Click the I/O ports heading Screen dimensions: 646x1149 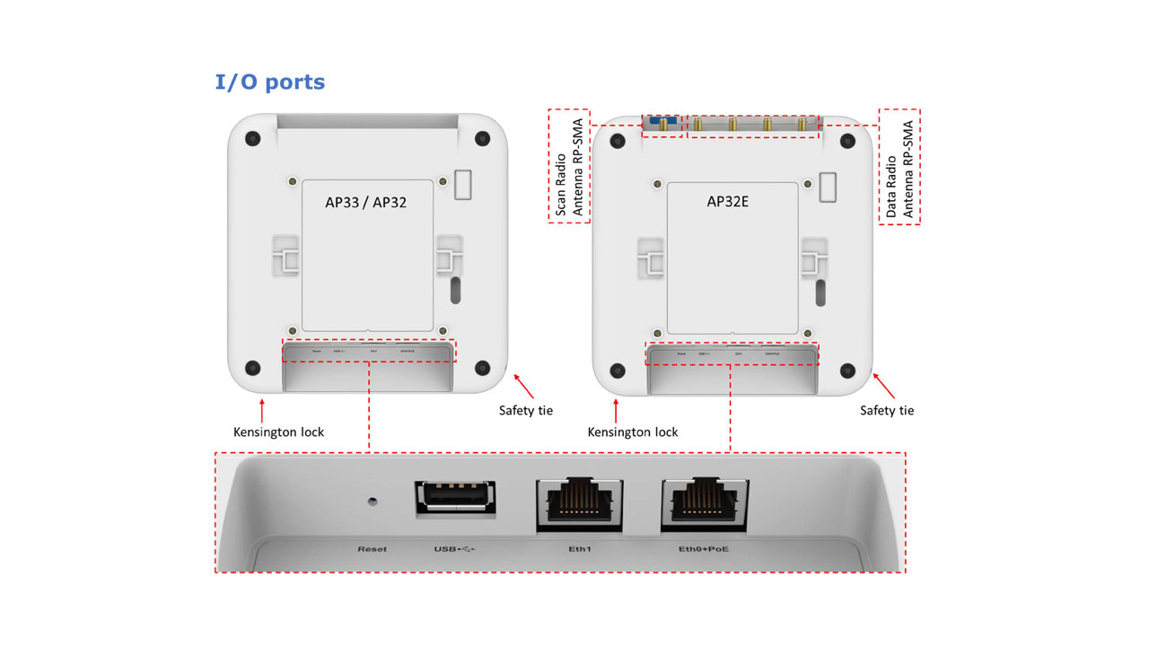point(269,83)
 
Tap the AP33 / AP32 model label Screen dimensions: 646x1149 point(365,203)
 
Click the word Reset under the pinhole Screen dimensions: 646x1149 point(372,548)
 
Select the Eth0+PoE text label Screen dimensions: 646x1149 point(703,548)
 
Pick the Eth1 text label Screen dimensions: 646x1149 point(577,548)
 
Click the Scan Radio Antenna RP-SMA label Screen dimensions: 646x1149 point(568,167)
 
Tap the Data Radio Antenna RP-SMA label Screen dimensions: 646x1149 point(899,168)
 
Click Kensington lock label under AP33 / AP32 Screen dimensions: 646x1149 point(278,432)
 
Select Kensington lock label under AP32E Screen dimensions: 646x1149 point(633,432)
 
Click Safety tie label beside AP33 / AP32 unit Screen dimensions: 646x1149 point(526,411)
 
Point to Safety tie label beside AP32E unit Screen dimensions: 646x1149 point(887,411)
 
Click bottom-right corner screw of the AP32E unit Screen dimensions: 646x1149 point(846,370)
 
